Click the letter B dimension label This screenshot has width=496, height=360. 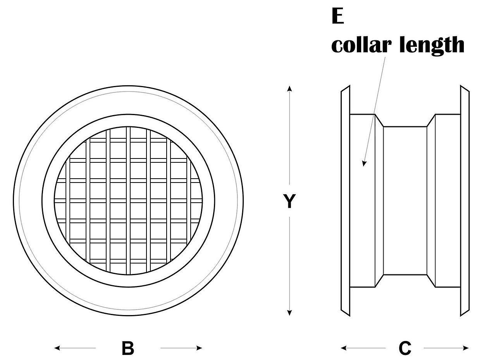[127, 348]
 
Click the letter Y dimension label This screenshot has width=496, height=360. [289, 202]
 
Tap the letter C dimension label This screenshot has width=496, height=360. [405, 348]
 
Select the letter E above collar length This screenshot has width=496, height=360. [338, 17]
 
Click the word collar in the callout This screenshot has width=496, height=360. [361, 45]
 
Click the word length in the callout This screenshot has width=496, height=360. [431, 45]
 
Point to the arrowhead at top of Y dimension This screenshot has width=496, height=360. [289, 89]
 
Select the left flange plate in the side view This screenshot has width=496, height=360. [345, 201]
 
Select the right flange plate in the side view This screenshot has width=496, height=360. [465, 201]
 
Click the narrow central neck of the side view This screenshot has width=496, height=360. [405, 201]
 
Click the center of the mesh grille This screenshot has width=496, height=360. [128, 201]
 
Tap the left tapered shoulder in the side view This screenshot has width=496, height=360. [379, 201]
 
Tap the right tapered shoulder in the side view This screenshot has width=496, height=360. [431, 201]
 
